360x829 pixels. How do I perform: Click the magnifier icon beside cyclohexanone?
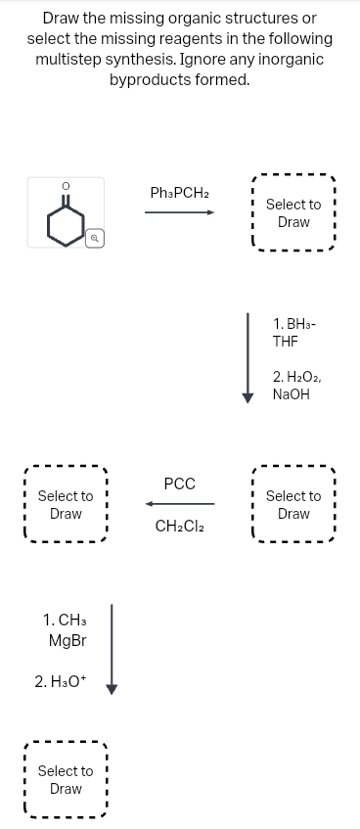pyautogui.click(x=95, y=238)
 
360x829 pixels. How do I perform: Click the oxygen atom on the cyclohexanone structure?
pyautogui.click(x=66, y=184)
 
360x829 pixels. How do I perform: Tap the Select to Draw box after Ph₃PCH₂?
pyautogui.click(x=293, y=213)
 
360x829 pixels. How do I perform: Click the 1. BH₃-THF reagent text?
pyautogui.click(x=295, y=332)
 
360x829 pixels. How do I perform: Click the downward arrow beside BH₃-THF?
pyautogui.click(x=249, y=356)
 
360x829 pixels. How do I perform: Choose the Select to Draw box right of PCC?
pyautogui.click(x=293, y=505)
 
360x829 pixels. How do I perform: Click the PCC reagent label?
pyautogui.click(x=179, y=484)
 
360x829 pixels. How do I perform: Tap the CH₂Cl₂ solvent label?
pyautogui.click(x=179, y=527)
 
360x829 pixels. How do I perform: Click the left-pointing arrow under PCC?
pyautogui.click(x=179, y=505)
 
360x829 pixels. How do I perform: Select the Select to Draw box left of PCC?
pyautogui.click(x=66, y=505)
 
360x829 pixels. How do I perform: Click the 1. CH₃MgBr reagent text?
pyautogui.click(x=66, y=630)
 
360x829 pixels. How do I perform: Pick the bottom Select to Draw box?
pyautogui.click(x=66, y=780)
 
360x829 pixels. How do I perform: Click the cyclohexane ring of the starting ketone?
pyautogui.click(x=66, y=227)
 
